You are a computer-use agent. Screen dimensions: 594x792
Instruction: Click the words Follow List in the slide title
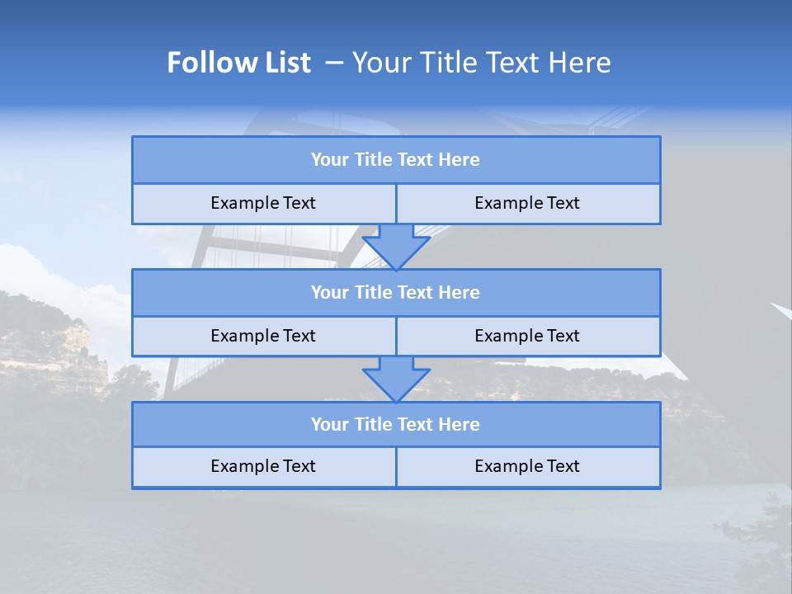tap(238, 63)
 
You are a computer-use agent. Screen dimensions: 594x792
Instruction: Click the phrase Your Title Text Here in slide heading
tap(482, 63)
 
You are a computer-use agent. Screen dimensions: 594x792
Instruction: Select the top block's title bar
tap(396, 160)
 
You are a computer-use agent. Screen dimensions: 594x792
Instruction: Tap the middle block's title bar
tap(396, 293)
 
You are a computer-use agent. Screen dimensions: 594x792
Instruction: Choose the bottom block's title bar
tap(396, 425)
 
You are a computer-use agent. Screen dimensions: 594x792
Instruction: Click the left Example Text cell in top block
tap(263, 204)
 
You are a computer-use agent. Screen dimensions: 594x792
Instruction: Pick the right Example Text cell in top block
tap(527, 204)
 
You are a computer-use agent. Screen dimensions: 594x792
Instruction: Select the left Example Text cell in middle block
tap(263, 336)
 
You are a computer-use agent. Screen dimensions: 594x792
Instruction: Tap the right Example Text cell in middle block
tap(527, 336)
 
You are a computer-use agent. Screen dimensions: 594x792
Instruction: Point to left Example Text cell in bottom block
tap(263, 467)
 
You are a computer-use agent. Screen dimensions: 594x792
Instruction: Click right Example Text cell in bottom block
tap(527, 467)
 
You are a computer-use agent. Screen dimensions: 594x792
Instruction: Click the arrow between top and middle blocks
tap(396, 247)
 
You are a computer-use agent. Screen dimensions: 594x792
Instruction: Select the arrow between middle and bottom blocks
tap(396, 379)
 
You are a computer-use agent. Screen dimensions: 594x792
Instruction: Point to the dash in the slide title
tap(334, 63)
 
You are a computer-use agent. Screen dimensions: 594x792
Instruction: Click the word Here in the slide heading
tap(582, 63)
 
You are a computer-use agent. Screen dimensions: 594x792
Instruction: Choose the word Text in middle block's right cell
tap(563, 336)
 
